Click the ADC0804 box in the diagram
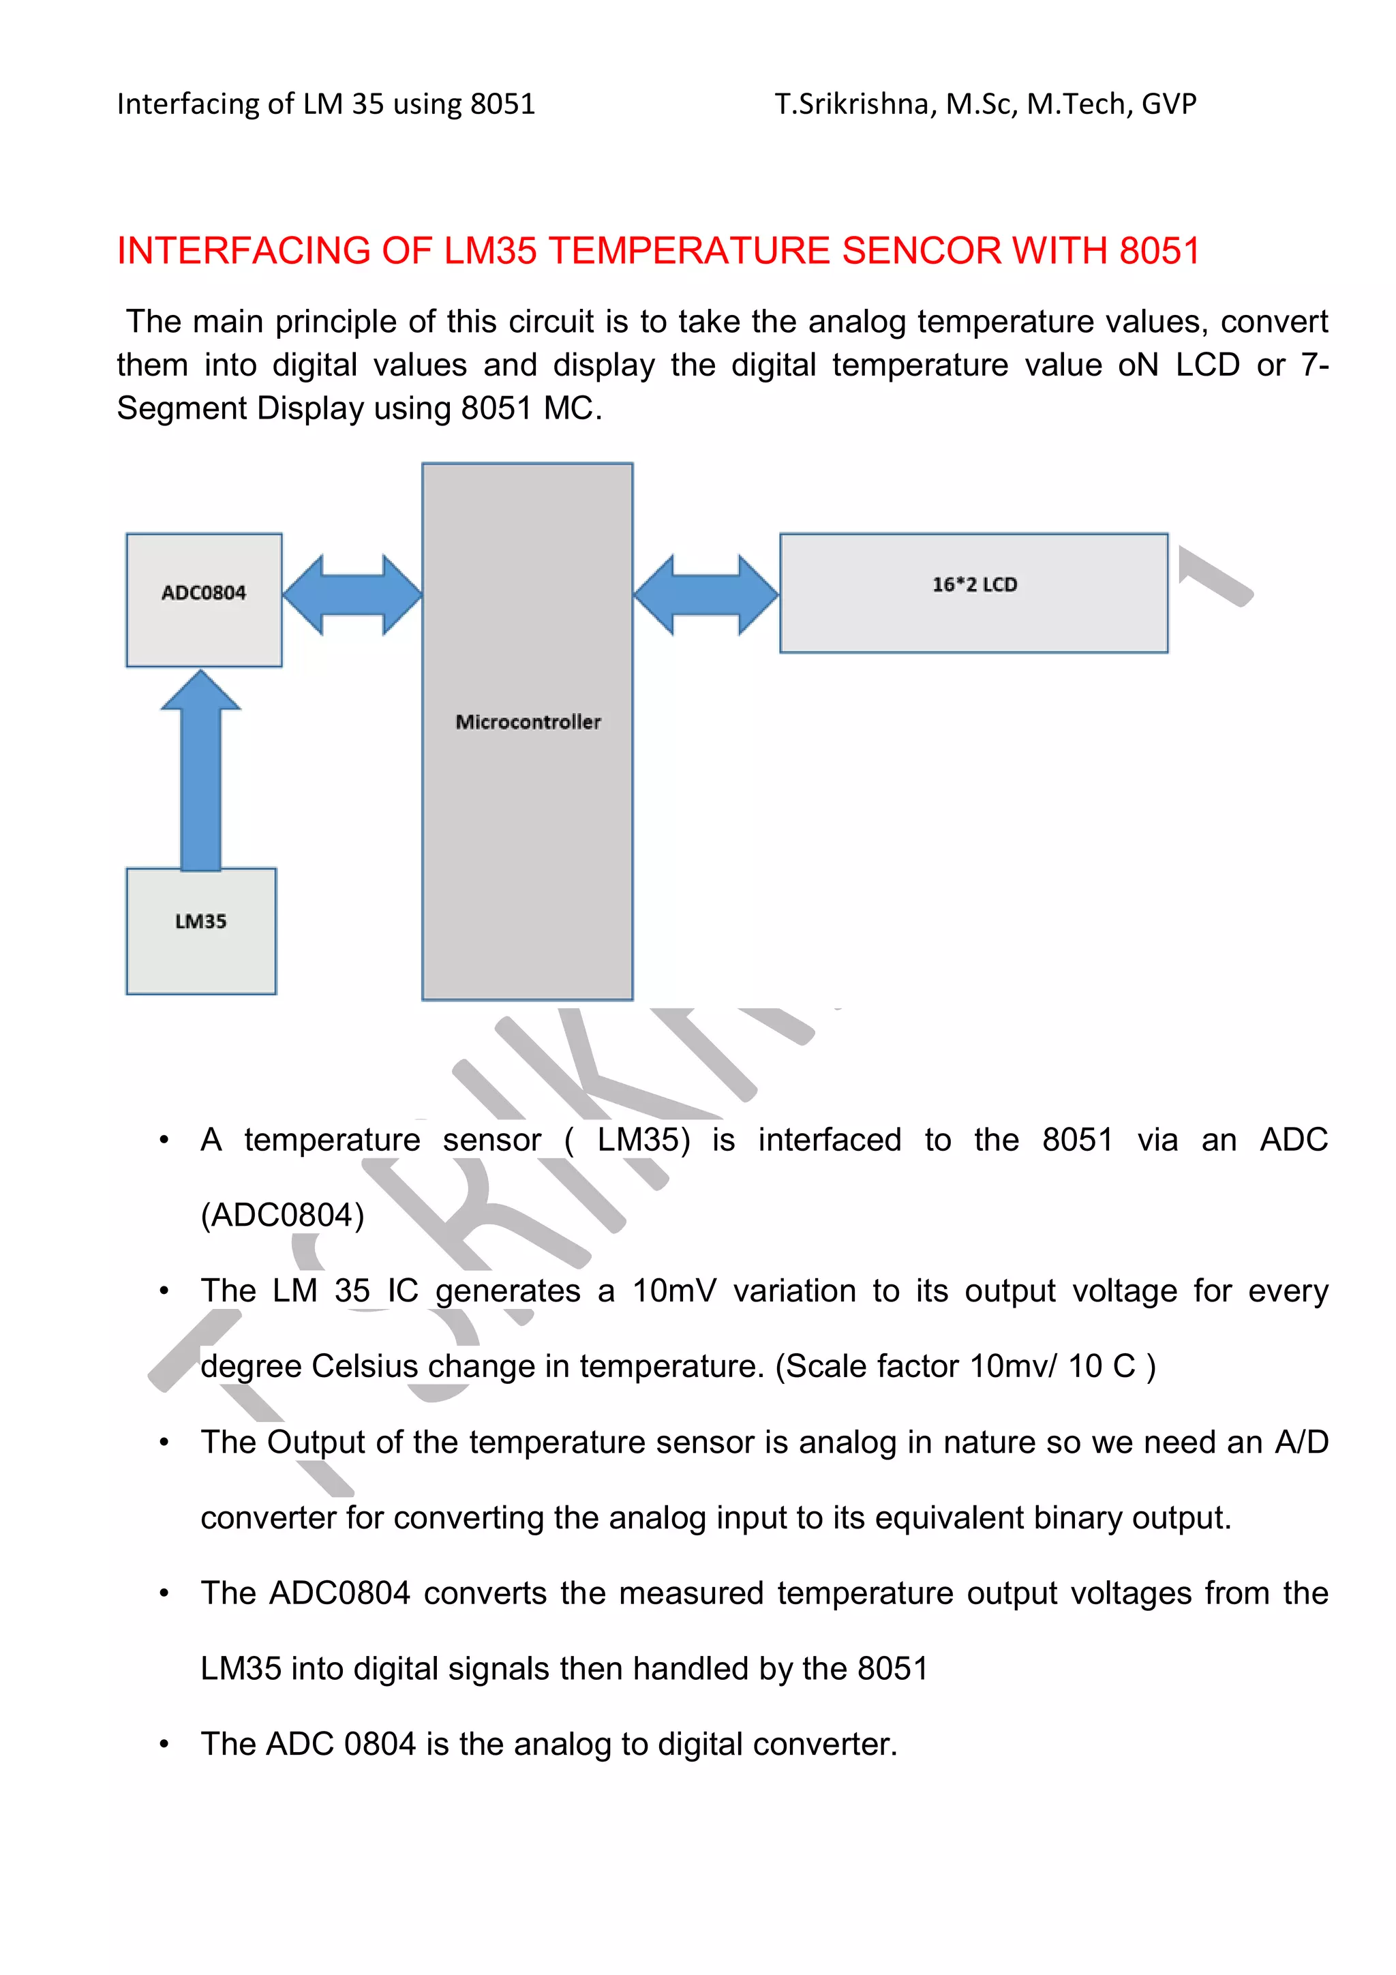click(204, 599)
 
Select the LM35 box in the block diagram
click(201, 931)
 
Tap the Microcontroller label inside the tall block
click(528, 722)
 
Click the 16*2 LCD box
click(973, 592)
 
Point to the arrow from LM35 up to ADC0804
click(200, 770)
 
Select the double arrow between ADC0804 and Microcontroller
click(352, 594)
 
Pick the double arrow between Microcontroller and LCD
click(706, 594)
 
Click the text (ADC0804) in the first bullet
click(282, 1215)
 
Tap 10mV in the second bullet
click(674, 1291)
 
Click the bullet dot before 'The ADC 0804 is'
click(164, 1745)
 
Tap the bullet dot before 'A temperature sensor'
click(164, 1140)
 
